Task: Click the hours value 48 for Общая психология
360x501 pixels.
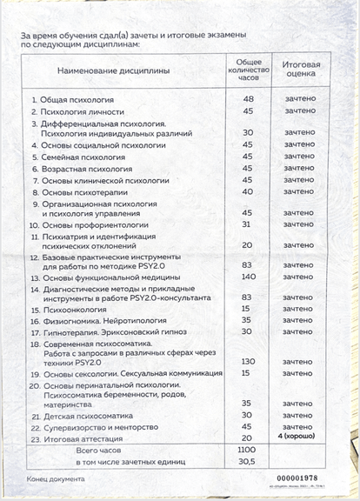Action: coord(248,100)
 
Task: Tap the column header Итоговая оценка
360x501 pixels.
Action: coord(301,70)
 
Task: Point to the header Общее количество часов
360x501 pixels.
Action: coord(248,69)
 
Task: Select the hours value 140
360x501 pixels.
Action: coord(248,277)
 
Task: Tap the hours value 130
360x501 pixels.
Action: coord(248,361)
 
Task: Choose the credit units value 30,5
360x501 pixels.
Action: coord(248,462)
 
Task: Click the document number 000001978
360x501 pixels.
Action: coord(298,479)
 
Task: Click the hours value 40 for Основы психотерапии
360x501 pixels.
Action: coord(248,191)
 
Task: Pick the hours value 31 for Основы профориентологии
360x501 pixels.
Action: coord(248,224)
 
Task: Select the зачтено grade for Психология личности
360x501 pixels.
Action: coord(301,111)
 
